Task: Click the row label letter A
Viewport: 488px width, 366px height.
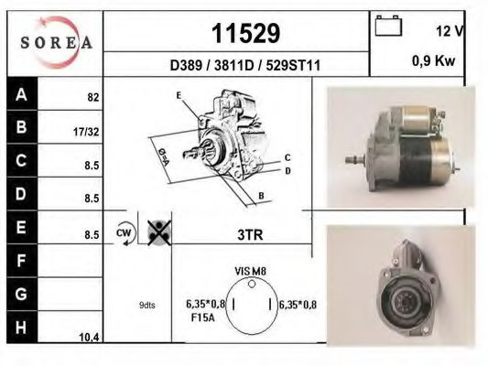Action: [x=20, y=94]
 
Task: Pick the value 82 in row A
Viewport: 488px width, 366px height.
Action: [x=92, y=96]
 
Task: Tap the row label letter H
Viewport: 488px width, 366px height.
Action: [x=20, y=328]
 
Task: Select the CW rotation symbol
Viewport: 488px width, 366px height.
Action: [x=124, y=233]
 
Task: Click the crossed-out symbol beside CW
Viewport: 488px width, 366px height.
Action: [x=158, y=233]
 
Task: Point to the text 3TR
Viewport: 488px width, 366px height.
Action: [x=249, y=235]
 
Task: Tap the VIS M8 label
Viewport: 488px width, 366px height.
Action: [x=249, y=272]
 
